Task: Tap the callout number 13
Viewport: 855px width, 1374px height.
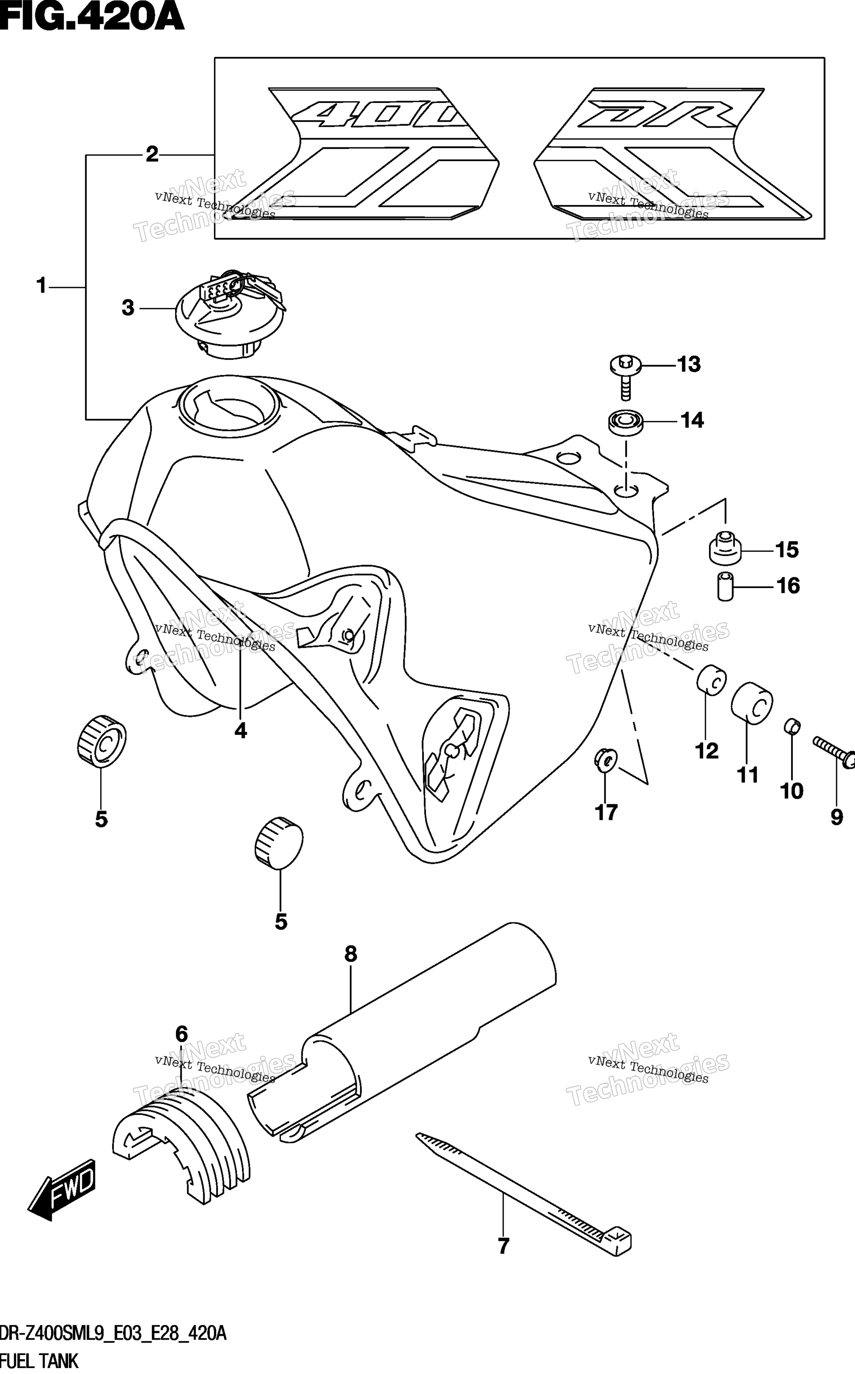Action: pos(689,365)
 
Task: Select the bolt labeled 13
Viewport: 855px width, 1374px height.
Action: pos(625,376)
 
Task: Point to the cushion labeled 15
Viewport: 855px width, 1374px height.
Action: pos(725,549)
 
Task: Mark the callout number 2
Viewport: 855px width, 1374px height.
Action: pos(152,154)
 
